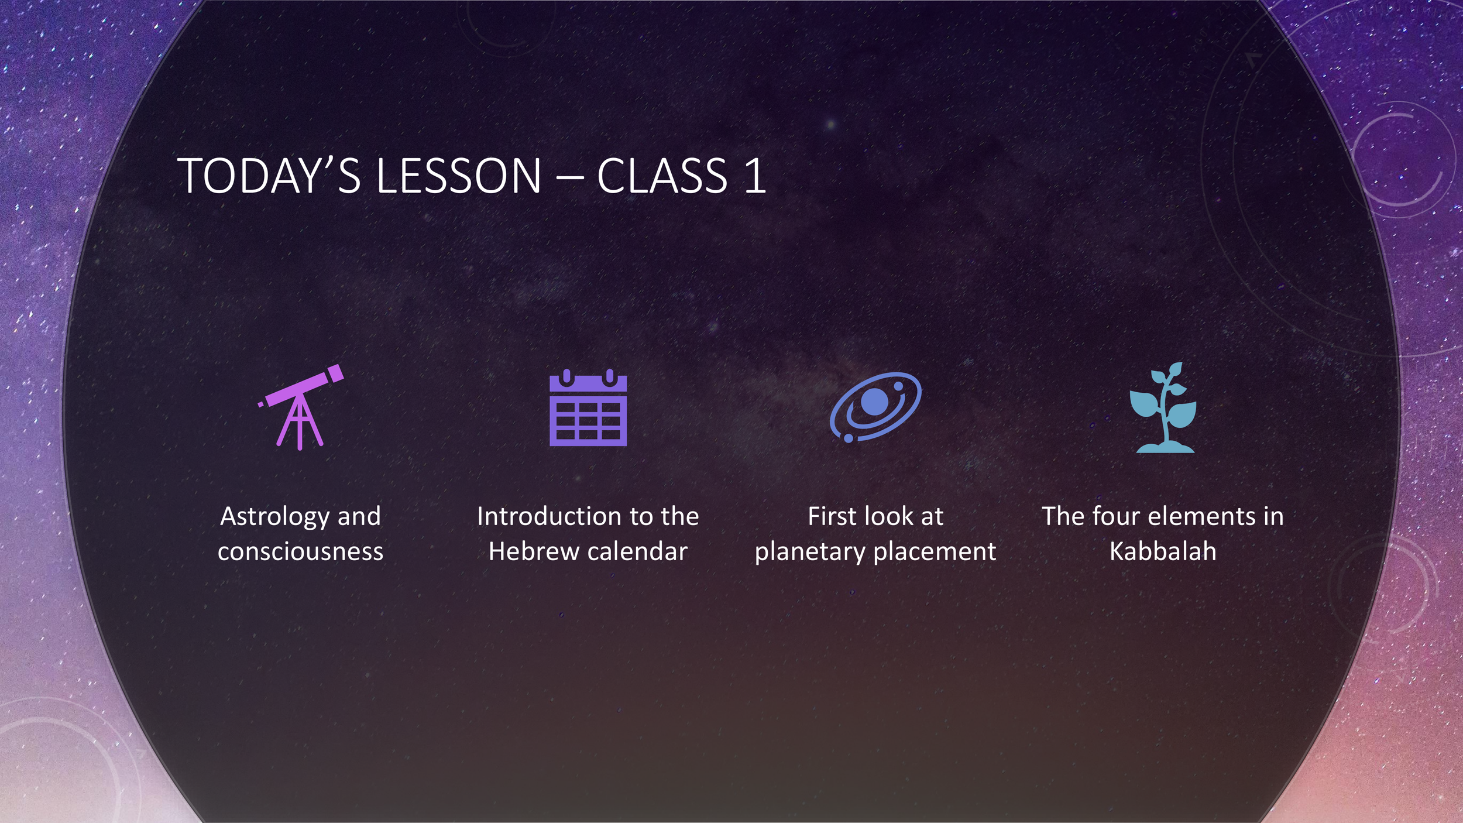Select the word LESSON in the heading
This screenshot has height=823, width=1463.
tap(459, 176)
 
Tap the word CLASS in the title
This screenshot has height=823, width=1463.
tap(662, 176)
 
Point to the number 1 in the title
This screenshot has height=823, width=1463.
tap(755, 176)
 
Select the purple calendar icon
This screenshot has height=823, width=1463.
tap(588, 408)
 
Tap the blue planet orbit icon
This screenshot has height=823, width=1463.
tap(875, 407)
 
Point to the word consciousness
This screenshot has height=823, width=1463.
tap(301, 551)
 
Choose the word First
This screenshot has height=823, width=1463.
tap(831, 516)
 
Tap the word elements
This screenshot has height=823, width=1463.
tap(1203, 516)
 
